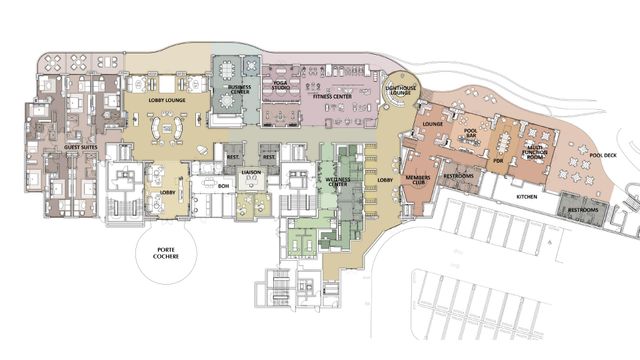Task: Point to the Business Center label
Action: (x=240, y=90)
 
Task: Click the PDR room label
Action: (x=497, y=158)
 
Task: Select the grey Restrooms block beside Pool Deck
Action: (x=583, y=211)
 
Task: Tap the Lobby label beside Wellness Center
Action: (x=384, y=180)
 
